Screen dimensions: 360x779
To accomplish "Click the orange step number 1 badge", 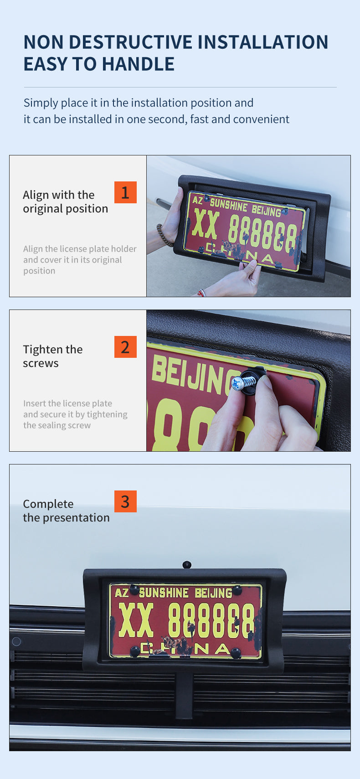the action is click(x=125, y=192).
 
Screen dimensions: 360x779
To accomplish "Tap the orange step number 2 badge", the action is click(x=125, y=347).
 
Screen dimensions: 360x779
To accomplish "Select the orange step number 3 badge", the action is click(x=125, y=501).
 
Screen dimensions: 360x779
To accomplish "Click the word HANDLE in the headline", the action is click(x=138, y=64).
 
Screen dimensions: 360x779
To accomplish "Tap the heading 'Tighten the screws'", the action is click(x=53, y=356).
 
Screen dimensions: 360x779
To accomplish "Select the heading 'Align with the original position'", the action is click(x=65, y=202).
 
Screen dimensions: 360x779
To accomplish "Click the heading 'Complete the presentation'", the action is click(x=66, y=511).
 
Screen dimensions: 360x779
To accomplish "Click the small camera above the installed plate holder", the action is click(x=187, y=564).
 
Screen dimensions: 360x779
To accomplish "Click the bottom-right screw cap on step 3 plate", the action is click(x=236, y=653).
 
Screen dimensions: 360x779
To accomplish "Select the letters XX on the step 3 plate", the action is click(x=136, y=620).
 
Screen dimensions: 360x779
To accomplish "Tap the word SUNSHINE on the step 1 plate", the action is click(x=228, y=205).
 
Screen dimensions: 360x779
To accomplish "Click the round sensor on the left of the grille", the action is click(x=16, y=641).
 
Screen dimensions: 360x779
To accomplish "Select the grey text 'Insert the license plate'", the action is click(x=68, y=403).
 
